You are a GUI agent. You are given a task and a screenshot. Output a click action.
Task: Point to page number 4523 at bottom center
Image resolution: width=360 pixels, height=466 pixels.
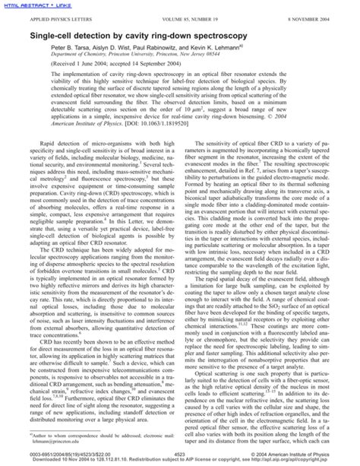(180, 453)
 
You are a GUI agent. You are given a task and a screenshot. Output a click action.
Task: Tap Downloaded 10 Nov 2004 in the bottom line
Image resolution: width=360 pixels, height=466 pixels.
(46, 460)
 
